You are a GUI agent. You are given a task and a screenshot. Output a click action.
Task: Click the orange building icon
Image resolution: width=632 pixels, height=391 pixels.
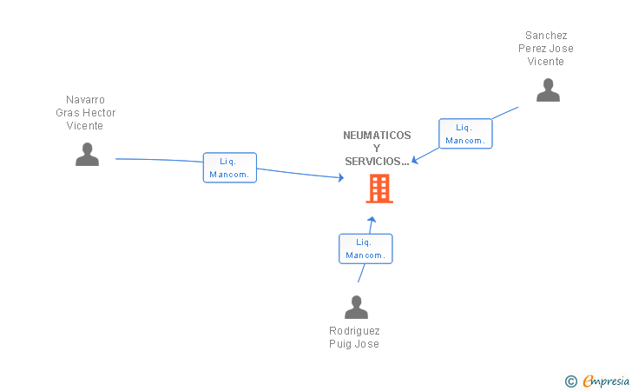pyautogui.click(x=379, y=189)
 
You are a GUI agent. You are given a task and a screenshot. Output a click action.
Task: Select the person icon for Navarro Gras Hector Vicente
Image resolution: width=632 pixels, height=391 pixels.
pyautogui.click(x=87, y=154)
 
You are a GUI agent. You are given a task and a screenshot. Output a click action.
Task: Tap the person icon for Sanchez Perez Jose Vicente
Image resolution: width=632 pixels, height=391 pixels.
pyautogui.click(x=548, y=90)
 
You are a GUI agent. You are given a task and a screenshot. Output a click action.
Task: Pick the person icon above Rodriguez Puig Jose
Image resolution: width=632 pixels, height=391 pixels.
pyautogui.click(x=356, y=307)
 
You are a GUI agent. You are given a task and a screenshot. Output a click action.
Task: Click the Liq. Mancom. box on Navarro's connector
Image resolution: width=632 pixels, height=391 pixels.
pyautogui.click(x=230, y=168)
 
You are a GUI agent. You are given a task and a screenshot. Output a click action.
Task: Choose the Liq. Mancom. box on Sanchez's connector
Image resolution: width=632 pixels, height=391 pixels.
pyautogui.click(x=465, y=134)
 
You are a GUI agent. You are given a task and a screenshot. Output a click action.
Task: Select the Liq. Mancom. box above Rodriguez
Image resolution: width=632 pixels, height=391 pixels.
pyautogui.click(x=365, y=249)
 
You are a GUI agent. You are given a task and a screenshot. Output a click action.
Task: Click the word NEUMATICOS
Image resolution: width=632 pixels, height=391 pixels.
pyautogui.click(x=377, y=136)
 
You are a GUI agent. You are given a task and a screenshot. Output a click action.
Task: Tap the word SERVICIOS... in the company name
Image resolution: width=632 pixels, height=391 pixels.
pyautogui.click(x=377, y=162)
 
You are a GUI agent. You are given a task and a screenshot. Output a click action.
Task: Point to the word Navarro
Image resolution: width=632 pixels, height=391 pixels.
pyautogui.click(x=85, y=100)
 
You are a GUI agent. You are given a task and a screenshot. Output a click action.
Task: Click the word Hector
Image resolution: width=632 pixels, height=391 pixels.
pyautogui.click(x=99, y=113)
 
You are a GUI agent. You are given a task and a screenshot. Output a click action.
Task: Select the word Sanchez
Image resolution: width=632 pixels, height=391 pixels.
pyautogui.click(x=546, y=36)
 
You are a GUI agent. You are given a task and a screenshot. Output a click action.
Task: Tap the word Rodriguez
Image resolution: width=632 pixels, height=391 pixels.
pyautogui.click(x=354, y=331)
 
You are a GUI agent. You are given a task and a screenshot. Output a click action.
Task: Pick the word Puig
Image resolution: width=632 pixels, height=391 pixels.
pyautogui.click(x=339, y=344)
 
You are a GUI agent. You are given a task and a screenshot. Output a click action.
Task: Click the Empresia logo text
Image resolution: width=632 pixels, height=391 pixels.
pyautogui.click(x=606, y=381)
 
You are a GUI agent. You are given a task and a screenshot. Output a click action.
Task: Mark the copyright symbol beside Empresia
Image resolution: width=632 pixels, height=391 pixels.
pyautogui.click(x=571, y=381)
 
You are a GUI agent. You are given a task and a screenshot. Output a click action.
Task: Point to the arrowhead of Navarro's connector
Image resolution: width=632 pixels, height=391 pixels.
pyautogui.click(x=341, y=177)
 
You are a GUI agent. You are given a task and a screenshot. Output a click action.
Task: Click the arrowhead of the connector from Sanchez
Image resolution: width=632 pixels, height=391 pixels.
pyautogui.click(x=415, y=160)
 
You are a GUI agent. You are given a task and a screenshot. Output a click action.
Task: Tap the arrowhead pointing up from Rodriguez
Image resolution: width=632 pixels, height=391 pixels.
pyautogui.click(x=372, y=220)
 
